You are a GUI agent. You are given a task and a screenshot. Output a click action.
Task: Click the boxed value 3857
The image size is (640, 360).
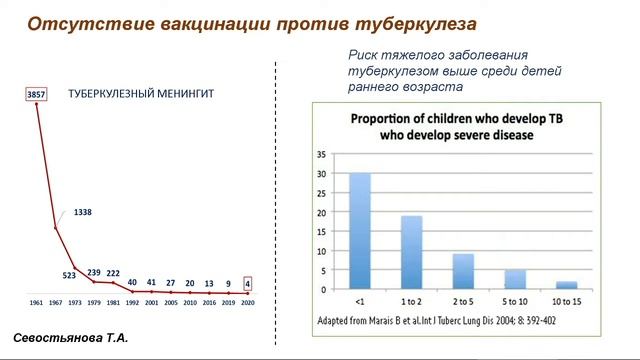(x=36, y=93)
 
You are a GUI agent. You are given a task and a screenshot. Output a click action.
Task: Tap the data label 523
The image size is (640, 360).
(x=70, y=275)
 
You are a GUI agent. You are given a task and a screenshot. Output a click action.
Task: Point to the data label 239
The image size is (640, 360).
(x=94, y=273)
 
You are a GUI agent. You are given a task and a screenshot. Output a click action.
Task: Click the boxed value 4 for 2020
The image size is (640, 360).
(x=247, y=283)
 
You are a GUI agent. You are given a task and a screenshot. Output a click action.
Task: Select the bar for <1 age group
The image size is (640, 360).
(x=359, y=231)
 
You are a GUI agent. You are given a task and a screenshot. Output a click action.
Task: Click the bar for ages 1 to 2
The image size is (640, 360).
(x=412, y=252)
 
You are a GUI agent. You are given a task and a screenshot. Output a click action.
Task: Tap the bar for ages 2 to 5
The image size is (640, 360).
(x=464, y=271)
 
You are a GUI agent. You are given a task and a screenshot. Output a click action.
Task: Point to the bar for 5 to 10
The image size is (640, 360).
(x=514, y=279)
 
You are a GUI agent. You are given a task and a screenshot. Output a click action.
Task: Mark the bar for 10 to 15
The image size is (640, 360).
(x=566, y=285)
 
